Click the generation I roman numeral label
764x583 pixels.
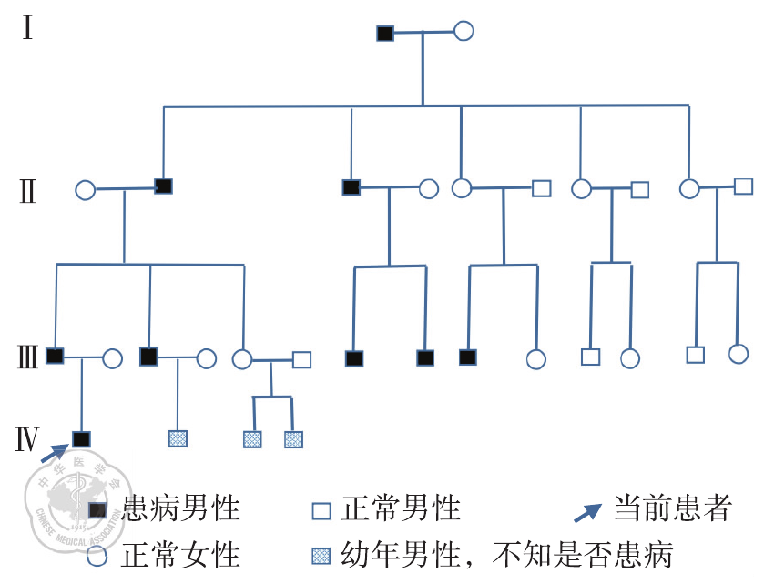click(x=28, y=29)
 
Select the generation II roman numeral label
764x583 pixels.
click(x=28, y=192)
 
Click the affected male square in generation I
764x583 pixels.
click(x=385, y=34)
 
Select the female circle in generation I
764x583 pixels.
click(x=463, y=31)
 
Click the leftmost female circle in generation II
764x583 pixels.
click(x=85, y=190)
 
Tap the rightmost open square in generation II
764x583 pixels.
click(x=743, y=186)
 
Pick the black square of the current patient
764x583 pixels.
click(x=82, y=439)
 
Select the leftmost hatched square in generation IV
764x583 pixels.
click(x=178, y=439)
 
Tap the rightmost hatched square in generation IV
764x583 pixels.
click(x=293, y=440)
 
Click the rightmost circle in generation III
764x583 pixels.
click(x=738, y=354)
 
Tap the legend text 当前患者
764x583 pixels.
click(x=672, y=508)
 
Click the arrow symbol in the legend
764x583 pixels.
click(x=588, y=511)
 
